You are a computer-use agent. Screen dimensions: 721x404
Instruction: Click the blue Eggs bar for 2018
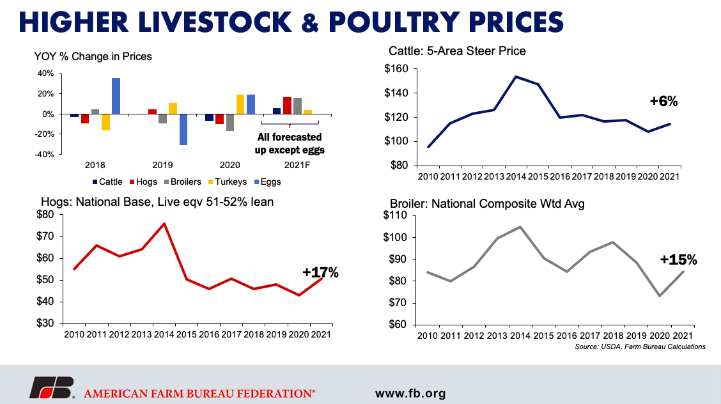(x=116, y=96)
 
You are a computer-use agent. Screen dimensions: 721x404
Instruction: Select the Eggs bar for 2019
(x=183, y=130)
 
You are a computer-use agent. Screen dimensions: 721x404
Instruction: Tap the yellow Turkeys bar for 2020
(x=240, y=104)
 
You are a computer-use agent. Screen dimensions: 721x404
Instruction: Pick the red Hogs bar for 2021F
(x=288, y=105)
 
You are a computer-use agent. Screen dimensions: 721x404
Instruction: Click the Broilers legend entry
(x=183, y=182)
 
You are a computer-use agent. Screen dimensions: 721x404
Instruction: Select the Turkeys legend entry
(x=228, y=182)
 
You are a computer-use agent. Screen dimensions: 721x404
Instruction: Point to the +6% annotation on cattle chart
(x=663, y=101)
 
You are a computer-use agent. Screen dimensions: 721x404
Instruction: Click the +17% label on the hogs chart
(x=320, y=272)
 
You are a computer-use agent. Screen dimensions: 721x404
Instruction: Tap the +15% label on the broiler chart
(x=678, y=260)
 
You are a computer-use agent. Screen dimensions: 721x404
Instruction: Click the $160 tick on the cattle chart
(x=396, y=69)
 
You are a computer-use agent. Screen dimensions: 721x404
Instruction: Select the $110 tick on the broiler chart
(x=395, y=215)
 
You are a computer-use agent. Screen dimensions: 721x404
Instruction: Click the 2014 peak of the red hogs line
(x=164, y=224)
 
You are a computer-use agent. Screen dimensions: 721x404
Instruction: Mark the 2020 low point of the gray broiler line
(x=660, y=295)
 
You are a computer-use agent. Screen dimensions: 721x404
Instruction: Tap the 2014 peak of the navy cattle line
(x=516, y=77)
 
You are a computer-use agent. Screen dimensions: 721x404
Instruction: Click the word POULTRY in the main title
(x=394, y=22)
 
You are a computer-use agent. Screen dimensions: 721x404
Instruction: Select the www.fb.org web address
(x=410, y=393)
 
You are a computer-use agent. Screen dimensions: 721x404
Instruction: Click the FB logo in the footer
(x=52, y=387)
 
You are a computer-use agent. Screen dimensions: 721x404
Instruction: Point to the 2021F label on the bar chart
(x=297, y=165)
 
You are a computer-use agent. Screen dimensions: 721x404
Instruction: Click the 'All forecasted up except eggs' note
(x=290, y=143)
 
